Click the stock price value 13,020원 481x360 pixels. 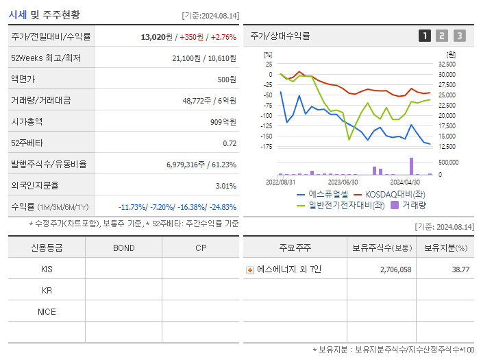(158, 36)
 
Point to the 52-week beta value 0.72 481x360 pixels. (230, 143)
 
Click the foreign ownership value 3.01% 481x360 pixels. (225, 185)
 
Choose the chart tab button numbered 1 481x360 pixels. (425, 36)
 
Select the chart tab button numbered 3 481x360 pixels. (459, 36)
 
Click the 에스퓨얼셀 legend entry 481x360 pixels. (321, 194)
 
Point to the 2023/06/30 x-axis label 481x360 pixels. (343, 182)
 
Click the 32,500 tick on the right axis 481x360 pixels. (446, 63)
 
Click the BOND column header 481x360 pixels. (123, 248)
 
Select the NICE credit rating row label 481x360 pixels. (47, 311)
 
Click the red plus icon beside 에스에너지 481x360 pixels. (250, 270)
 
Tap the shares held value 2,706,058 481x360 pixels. (395, 269)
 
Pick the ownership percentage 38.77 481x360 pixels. (460, 269)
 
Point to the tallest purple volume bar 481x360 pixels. (411, 166)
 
